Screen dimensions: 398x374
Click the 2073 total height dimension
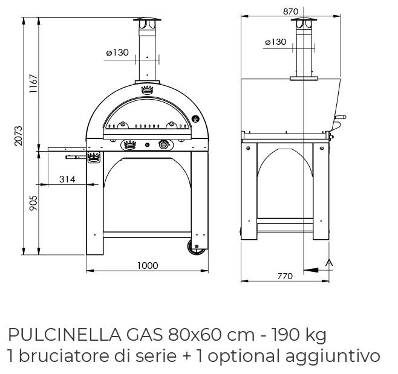pos(18,136)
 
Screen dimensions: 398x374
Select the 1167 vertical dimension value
pos(33,83)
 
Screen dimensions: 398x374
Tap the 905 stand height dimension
pos(33,203)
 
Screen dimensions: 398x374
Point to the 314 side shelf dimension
pos(67,179)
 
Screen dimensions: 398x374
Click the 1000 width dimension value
pos(148,265)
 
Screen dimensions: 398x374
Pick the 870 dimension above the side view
pos(291,11)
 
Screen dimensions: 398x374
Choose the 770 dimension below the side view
pos(285,276)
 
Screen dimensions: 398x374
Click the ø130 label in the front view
pos(117,52)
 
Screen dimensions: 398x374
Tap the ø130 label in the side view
pos(276,42)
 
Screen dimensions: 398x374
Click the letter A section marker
pos(329,262)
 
